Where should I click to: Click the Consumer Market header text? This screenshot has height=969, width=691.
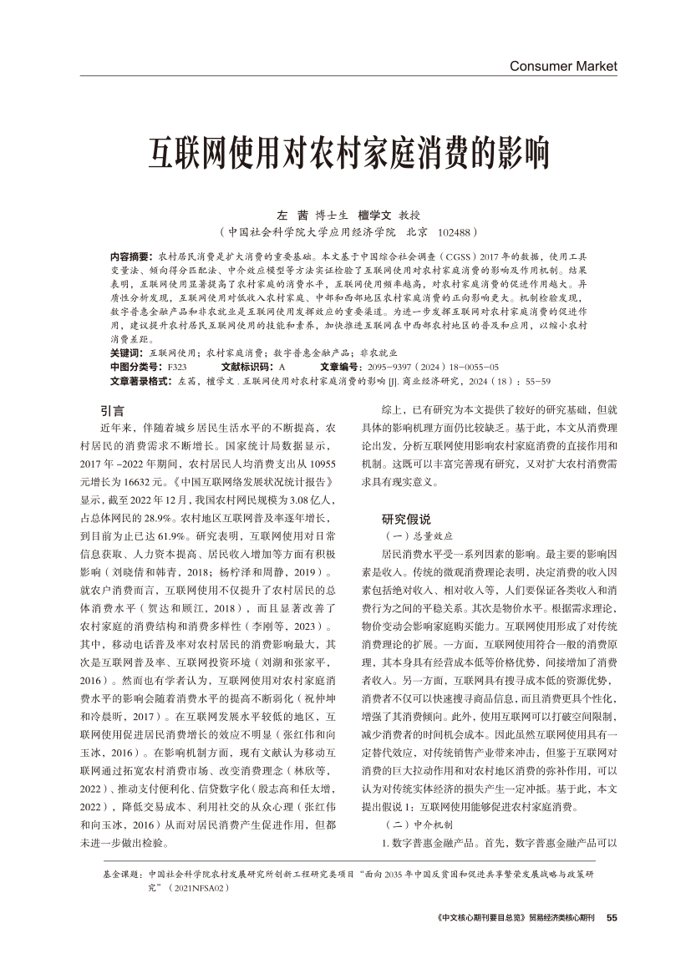(x=563, y=65)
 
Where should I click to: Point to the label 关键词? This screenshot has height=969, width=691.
(x=125, y=353)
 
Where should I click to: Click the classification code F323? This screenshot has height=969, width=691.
(x=176, y=367)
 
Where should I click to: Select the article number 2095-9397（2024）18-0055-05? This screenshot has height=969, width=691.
(x=432, y=367)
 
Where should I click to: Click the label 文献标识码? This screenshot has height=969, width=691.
(x=248, y=367)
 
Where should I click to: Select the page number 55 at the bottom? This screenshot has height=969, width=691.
(x=611, y=917)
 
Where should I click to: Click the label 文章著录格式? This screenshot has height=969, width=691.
(x=141, y=380)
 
